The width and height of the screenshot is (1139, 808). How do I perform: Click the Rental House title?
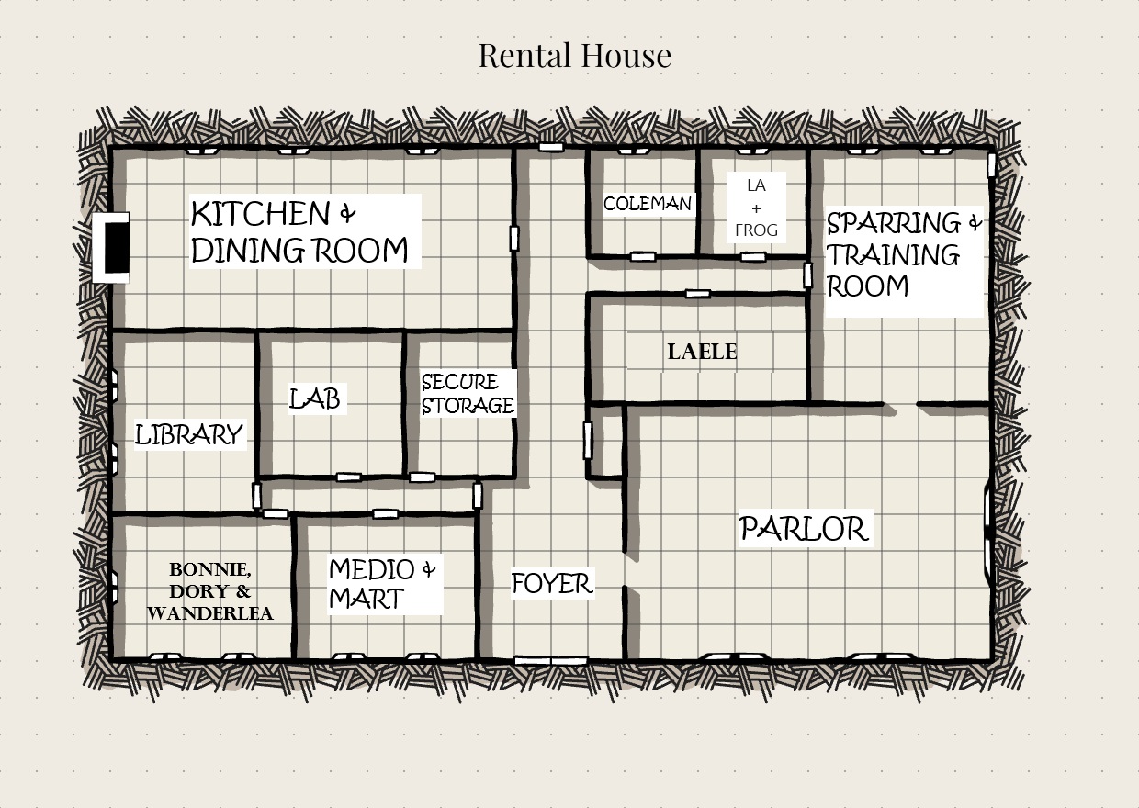[x=575, y=55]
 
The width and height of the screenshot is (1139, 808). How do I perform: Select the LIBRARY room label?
[x=189, y=435]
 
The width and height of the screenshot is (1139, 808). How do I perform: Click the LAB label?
[x=315, y=398]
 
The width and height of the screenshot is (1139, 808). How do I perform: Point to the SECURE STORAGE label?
[x=468, y=394]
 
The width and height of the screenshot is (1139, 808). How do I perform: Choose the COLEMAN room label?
[x=648, y=204]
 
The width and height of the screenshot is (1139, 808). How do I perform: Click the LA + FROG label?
[x=756, y=208]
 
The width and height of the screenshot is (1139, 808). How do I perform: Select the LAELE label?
[x=702, y=352]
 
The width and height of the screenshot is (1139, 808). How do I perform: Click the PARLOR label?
[x=804, y=529]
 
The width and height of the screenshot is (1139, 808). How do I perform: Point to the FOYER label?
[x=552, y=583]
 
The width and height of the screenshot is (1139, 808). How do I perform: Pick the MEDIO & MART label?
[x=383, y=584]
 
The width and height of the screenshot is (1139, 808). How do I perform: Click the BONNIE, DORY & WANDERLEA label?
[x=210, y=591]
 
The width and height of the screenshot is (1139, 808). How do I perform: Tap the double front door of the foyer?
[x=551, y=660]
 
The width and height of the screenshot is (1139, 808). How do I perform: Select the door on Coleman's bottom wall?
[x=643, y=257]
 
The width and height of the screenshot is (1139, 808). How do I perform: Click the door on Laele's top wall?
[x=698, y=294]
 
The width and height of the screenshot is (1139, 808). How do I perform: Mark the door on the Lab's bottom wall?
[x=349, y=477]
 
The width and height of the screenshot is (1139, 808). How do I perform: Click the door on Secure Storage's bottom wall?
[x=422, y=477]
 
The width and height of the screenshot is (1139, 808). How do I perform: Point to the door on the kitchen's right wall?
[x=514, y=239]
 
